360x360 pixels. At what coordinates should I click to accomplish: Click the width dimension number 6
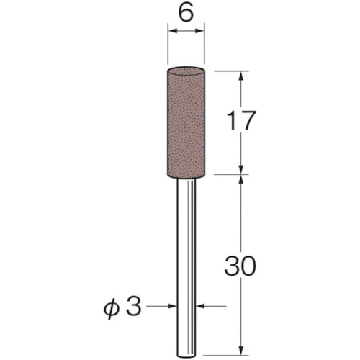coord(186,14)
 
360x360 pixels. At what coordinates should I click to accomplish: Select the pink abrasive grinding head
coord(186,120)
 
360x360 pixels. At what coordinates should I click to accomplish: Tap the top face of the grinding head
coord(186,71)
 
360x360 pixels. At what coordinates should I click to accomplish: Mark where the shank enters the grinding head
coord(186,174)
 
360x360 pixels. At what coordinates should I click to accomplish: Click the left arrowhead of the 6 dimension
coord(171,31)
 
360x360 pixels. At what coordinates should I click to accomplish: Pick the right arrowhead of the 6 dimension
coord(202,31)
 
